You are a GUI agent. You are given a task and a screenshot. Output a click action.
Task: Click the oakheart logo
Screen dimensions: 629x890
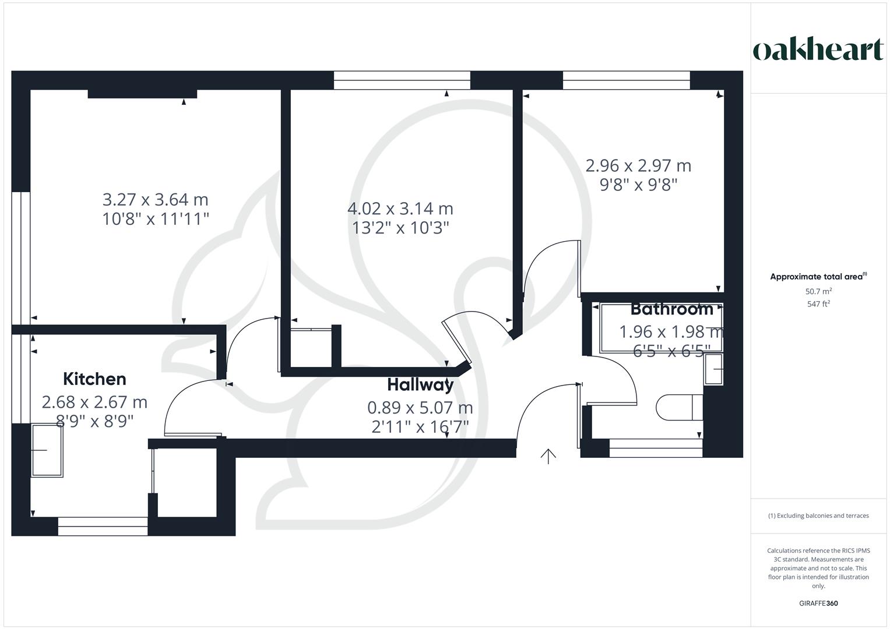coord(818,50)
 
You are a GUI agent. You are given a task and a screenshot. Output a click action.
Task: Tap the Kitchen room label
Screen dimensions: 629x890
coord(94,379)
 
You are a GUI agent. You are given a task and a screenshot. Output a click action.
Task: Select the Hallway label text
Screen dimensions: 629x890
coord(420,385)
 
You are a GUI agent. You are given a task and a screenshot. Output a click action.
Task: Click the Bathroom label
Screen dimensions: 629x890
coord(671,309)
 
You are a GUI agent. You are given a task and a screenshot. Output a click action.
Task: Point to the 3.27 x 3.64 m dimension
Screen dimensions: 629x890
coord(155,200)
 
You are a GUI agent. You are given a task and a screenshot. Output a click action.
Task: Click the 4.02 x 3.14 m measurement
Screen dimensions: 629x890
coord(400,209)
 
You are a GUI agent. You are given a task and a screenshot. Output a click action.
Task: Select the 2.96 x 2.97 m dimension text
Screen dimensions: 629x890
coord(638,166)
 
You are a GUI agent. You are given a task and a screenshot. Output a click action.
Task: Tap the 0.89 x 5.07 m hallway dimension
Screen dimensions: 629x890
coord(420,408)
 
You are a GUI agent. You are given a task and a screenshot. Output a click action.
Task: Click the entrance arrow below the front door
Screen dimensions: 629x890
coord(548,456)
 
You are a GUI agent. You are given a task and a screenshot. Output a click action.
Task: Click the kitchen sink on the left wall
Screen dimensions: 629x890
coord(47,450)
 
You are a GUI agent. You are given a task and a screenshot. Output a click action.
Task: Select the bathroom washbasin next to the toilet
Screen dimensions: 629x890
coord(713,369)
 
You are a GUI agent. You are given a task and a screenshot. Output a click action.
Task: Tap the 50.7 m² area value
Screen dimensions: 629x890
coord(818,291)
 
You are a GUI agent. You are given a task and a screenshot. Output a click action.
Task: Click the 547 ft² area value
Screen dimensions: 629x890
coord(818,304)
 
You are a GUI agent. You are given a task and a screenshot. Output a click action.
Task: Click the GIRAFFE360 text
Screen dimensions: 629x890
coord(818,603)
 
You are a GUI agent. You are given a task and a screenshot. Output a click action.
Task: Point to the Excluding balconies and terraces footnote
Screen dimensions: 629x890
coord(818,515)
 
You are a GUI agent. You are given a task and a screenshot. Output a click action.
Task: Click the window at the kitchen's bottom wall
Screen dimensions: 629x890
coord(103,526)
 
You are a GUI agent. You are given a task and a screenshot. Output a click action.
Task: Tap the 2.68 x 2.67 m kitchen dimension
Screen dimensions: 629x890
coord(94,402)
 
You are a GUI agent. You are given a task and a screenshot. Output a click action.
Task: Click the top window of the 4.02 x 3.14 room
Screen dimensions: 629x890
coord(402,80)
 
